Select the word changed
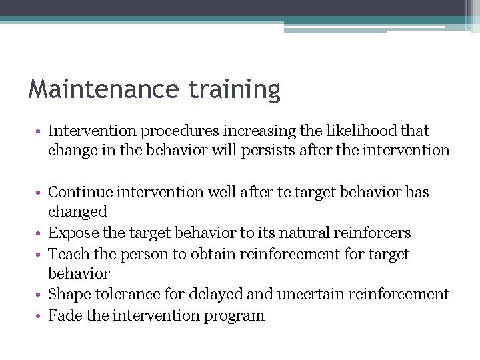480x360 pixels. pyautogui.click(x=77, y=212)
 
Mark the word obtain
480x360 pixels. pyautogui.click(x=207, y=254)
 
